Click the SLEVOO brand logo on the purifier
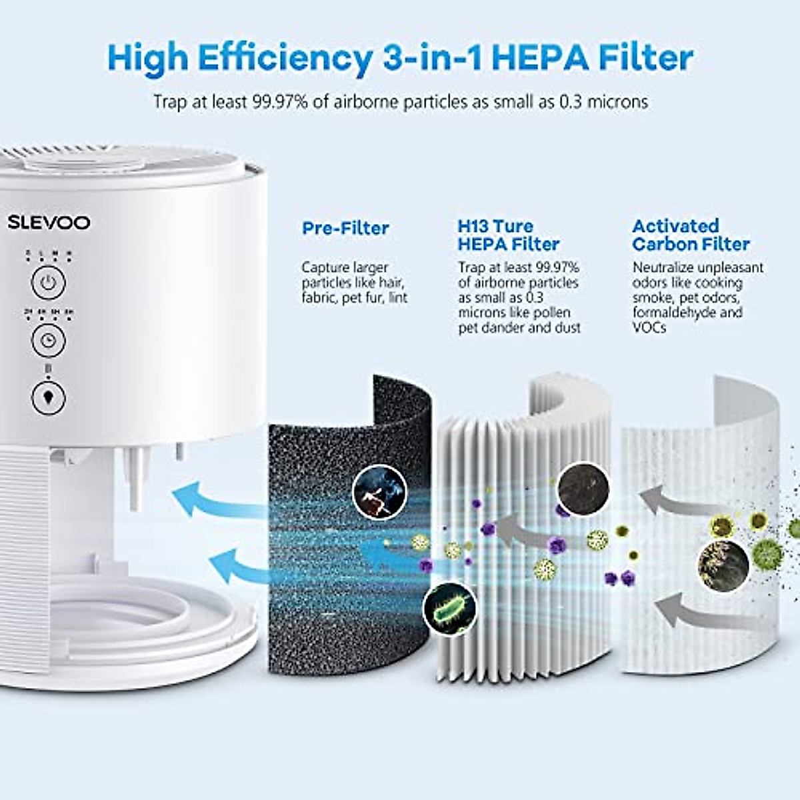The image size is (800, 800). (49, 223)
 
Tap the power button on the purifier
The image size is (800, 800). (48, 283)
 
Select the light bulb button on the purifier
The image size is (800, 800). (48, 398)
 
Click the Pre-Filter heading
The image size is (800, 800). (345, 228)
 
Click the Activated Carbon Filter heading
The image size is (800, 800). (691, 235)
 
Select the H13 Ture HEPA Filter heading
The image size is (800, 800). (508, 235)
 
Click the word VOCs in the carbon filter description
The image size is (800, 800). (649, 327)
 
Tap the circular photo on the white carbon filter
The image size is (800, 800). (723, 565)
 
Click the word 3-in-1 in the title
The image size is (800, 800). (432, 58)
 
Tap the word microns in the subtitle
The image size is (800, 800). (617, 102)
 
